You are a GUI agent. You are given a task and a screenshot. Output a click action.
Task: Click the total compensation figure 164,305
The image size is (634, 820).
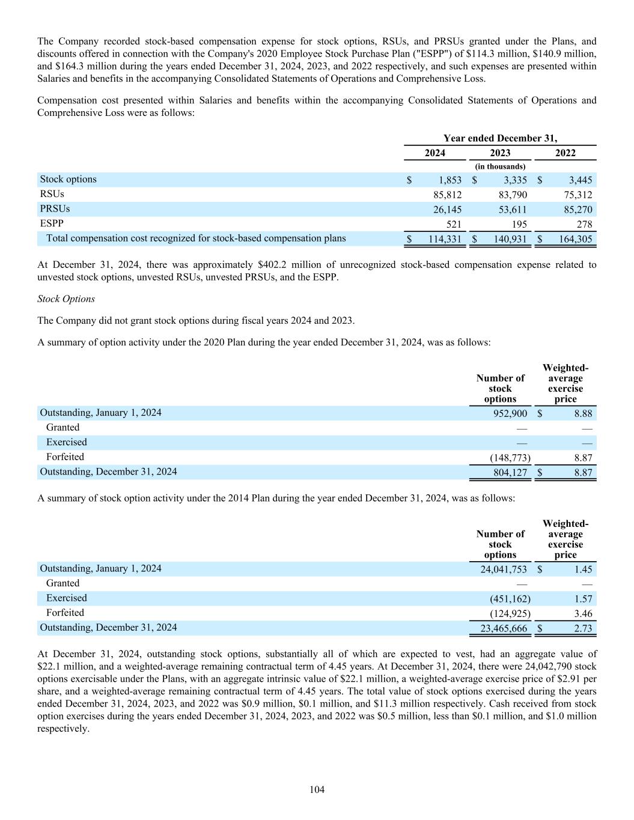click(575, 239)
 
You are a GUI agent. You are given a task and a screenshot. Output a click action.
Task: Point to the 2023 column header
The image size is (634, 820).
click(500, 153)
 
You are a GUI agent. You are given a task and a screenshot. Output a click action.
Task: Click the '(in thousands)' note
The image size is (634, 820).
click(500, 166)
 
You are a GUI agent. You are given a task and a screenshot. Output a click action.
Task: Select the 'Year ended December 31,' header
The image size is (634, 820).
click(500, 138)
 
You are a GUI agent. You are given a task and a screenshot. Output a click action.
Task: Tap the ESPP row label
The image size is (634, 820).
click(52, 223)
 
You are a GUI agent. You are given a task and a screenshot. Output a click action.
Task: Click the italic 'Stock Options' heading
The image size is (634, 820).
click(66, 299)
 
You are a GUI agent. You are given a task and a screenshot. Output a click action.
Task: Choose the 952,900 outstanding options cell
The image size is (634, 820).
click(510, 413)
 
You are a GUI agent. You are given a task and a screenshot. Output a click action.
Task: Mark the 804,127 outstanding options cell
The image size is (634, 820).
click(510, 473)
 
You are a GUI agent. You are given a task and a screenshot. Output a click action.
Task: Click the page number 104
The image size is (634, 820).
click(317, 789)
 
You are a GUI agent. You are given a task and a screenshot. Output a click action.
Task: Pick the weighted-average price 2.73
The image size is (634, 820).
click(583, 629)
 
